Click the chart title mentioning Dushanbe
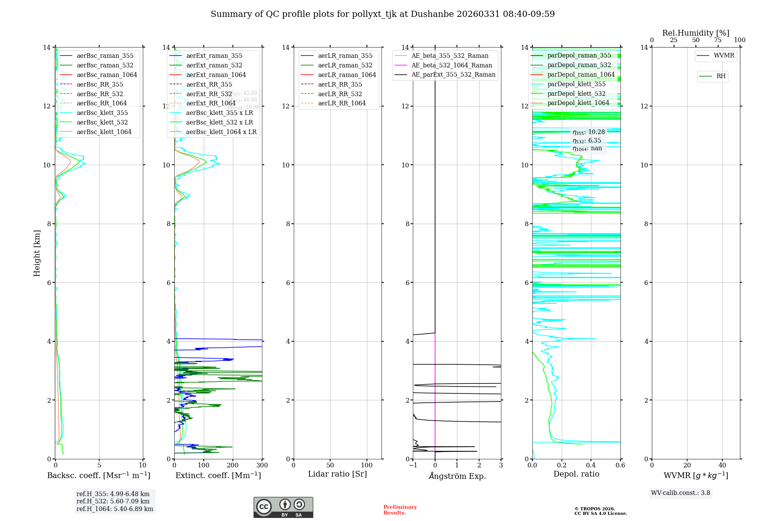click(x=383, y=14)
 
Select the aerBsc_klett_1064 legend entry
click(x=104, y=132)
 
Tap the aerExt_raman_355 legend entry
click(x=214, y=56)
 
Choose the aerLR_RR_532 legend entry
click(x=340, y=94)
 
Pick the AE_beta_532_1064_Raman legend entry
click(x=452, y=65)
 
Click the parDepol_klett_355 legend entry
click(x=576, y=84)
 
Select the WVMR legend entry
click(x=724, y=56)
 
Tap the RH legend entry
click(x=721, y=76)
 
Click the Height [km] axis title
click(x=37, y=253)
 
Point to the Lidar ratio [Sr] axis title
click(x=337, y=474)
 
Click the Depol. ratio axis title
click(x=576, y=474)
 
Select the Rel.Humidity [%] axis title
click(x=696, y=33)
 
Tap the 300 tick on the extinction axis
click(x=262, y=465)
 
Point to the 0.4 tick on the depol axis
click(x=591, y=465)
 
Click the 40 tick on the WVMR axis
click(x=722, y=465)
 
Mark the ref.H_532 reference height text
click(x=113, y=501)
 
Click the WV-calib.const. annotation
click(x=681, y=493)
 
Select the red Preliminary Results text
click(x=400, y=510)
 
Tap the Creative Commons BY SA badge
click(x=283, y=508)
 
